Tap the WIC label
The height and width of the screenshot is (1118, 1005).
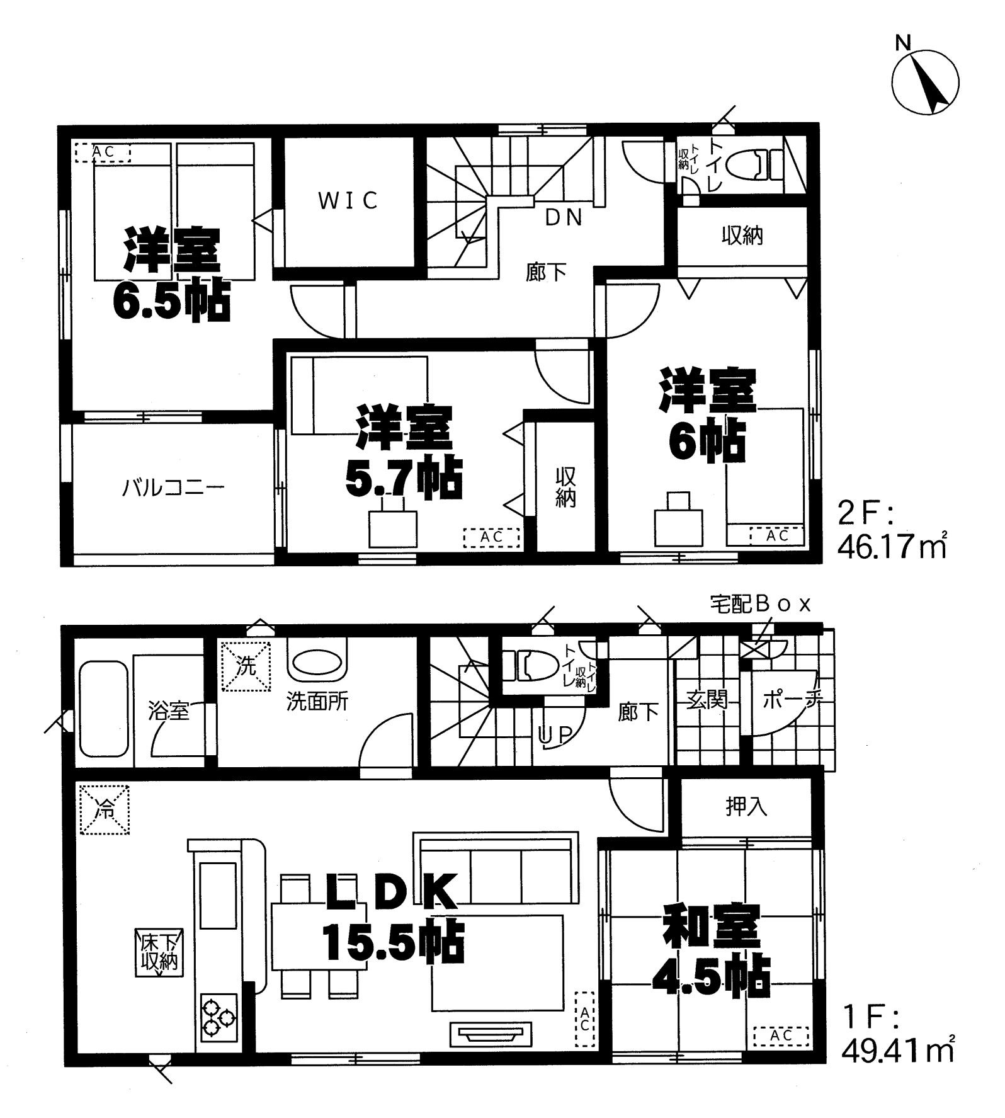tap(348, 200)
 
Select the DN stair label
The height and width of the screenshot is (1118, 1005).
tap(564, 217)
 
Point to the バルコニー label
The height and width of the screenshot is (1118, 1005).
tap(174, 488)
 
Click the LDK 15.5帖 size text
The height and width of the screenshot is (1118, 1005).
tap(394, 942)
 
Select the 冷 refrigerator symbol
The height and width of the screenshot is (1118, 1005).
tap(105, 809)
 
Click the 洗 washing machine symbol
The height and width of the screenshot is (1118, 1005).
tap(245, 666)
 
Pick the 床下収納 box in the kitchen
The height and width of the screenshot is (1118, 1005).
tap(159, 952)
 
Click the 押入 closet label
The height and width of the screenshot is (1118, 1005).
tap(746, 807)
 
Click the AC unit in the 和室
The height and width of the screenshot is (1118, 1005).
tap(781, 1036)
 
